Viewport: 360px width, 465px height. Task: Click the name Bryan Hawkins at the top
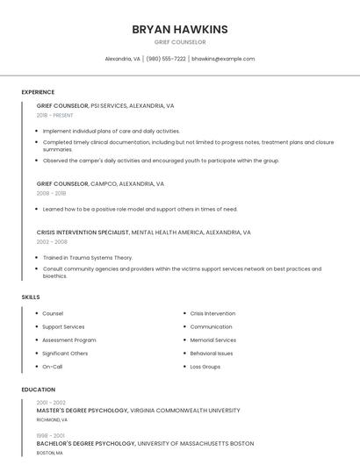(179, 29)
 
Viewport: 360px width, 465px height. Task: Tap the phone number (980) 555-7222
(166, 59)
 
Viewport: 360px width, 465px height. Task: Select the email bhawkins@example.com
(223, 59)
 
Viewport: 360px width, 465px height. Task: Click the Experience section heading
(38, 92)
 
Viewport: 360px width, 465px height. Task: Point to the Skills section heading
(31, 297)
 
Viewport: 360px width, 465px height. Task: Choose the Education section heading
(38, 390)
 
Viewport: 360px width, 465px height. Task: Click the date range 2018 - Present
(55, 115)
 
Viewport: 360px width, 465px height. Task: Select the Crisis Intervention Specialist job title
(83, 232)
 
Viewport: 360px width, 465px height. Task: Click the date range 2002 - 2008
(52, 241)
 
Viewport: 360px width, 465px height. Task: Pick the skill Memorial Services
(212, 340)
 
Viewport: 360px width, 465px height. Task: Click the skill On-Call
(52, 367)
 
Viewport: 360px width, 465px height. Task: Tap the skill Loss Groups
(205, 367)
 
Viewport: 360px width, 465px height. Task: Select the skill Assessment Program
(68, 340)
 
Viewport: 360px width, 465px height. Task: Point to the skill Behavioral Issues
(211, 353)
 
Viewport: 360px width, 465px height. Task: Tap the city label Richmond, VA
(52, 420)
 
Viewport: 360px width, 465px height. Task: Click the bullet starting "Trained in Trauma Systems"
(87, 258)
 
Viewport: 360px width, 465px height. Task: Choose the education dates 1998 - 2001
(51, 435)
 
